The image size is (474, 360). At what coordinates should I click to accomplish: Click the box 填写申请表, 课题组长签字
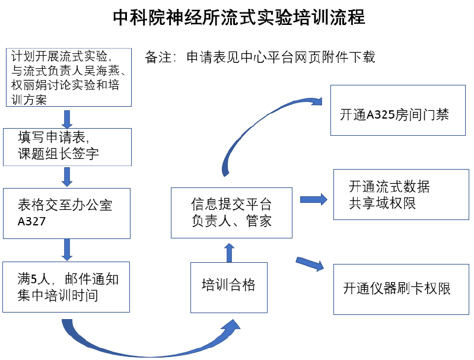point(66,146)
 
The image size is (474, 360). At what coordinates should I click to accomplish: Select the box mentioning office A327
point(66,214)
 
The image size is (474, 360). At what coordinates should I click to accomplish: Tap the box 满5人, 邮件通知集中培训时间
point(66,286)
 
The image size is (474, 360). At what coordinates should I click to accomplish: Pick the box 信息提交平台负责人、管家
point(231,213)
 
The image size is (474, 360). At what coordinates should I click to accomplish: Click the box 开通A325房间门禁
point(394,114)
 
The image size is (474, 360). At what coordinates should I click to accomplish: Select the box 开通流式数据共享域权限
point(400,195)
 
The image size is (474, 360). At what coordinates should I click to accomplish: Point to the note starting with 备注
point(260,58)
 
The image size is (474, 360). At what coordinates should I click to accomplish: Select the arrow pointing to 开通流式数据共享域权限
point(313,199)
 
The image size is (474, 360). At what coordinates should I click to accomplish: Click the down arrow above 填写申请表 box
point(67,118)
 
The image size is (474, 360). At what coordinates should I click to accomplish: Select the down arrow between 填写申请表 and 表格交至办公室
point(67,176)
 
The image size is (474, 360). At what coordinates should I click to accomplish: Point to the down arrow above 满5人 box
point(67,249)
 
